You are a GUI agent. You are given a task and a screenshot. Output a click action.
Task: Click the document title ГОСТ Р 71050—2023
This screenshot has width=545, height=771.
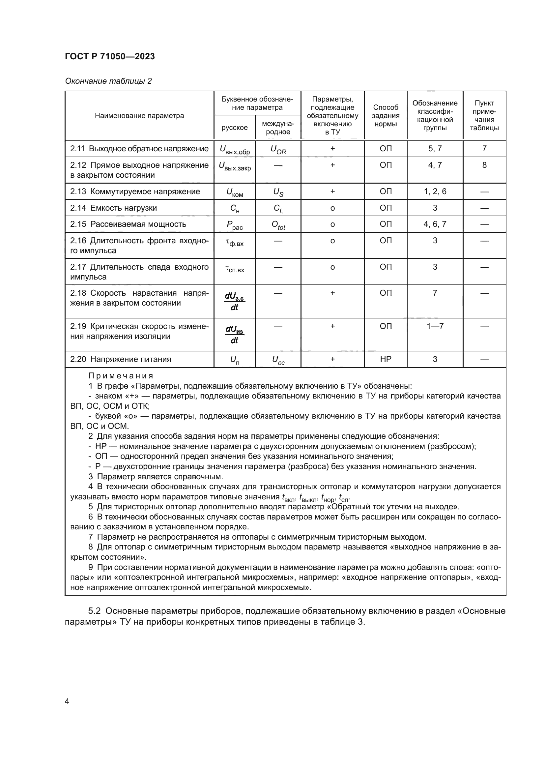coord(110,56)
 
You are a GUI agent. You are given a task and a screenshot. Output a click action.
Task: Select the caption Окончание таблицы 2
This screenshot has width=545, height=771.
coord(108,81)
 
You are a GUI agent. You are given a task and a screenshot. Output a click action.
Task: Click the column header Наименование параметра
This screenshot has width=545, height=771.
coord(139,115)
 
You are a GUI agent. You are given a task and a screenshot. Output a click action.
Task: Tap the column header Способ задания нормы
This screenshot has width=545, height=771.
coord(385,115)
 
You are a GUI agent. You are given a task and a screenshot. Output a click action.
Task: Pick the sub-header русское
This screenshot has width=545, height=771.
coord(235,128)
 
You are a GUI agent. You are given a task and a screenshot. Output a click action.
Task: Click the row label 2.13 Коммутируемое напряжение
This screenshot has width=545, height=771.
coord(135,192)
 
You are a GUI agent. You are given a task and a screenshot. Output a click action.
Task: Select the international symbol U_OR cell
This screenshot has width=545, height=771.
coord(278,150)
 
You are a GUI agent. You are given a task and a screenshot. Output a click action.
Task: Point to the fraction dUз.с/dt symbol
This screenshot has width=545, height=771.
coord(235,301)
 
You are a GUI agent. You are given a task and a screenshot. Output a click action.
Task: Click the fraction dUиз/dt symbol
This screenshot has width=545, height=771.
coord(235,335)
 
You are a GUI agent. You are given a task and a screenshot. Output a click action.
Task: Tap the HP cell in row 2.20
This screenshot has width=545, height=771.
coord(385,359)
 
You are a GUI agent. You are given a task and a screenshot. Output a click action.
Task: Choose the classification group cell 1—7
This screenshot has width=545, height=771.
coord(435,326)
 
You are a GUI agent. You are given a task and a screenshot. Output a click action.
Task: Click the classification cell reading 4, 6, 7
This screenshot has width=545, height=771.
coord(435,224)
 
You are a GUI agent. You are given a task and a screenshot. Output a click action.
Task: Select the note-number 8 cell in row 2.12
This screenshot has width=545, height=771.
coord(484,165)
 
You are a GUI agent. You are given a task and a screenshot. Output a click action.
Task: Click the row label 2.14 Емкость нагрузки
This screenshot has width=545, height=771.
coord(113,208)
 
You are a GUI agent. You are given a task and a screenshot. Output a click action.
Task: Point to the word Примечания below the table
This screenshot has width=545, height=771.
coord(121,376)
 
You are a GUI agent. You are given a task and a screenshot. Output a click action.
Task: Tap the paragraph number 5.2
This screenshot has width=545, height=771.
coord(95,611)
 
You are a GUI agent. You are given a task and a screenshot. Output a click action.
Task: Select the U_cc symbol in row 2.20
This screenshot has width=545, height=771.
coord(278,360)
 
